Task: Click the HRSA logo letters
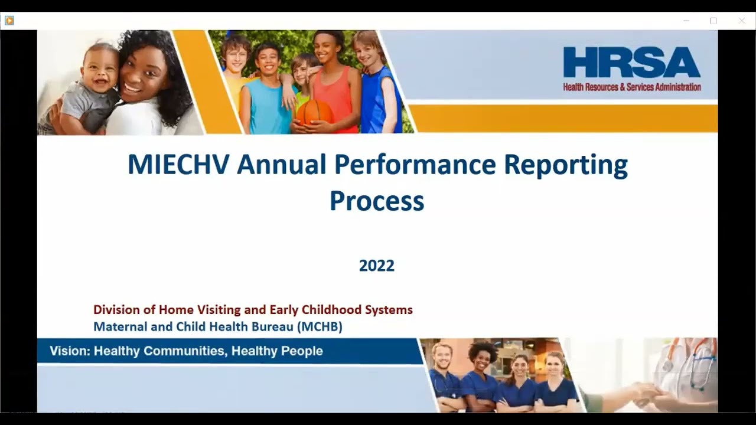coord(631,63)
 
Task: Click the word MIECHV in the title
coord(178,165)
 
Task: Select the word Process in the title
coord(377,201)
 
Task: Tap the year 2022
coord(377,266)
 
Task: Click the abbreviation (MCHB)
coord(320,326)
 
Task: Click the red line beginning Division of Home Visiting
coord(253,310)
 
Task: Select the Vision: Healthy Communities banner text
coord(186,351)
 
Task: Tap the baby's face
coord(101,70)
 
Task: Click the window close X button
coord(742,21)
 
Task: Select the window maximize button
coord(713,21)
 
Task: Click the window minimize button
coord(686,21)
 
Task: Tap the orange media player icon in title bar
coord(9,21)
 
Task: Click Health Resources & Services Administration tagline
coord(631,87)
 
